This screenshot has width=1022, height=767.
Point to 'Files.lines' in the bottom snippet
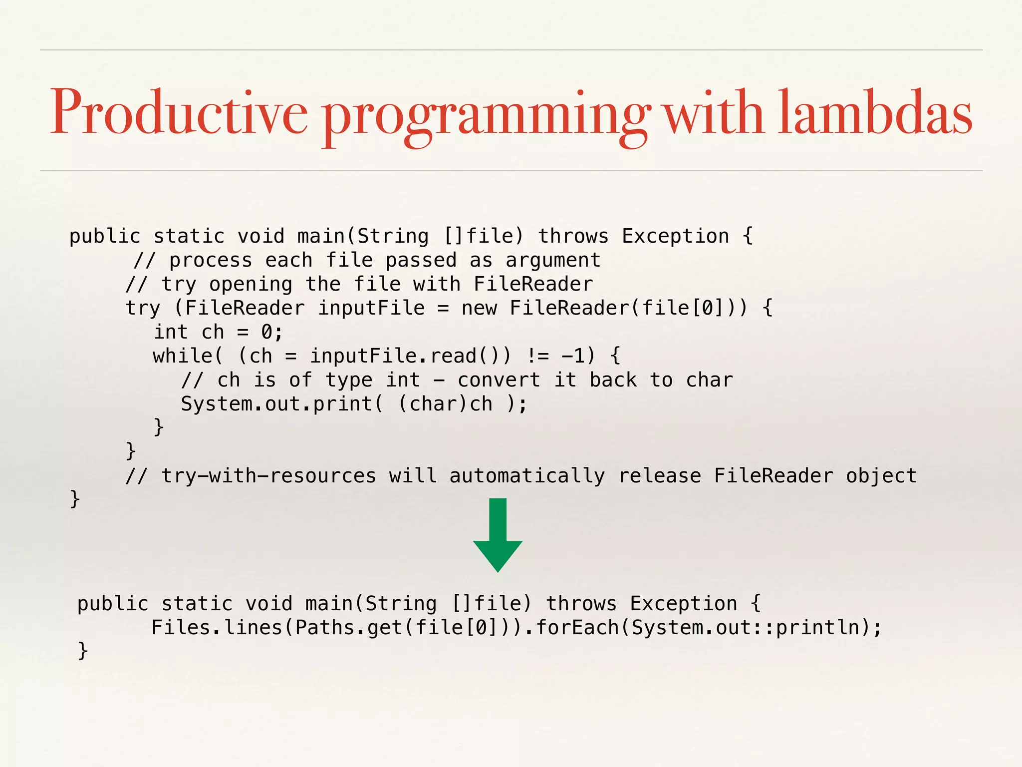[217, 628]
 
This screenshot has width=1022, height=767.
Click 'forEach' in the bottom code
[577, 628]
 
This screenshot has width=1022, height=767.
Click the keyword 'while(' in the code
[187, 356]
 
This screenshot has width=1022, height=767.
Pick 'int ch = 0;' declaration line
[218, 332]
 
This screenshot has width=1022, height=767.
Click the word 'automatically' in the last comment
[527, 476]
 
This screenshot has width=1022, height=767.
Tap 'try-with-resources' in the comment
[268, 476]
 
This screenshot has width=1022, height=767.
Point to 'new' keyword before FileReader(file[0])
[479, 308]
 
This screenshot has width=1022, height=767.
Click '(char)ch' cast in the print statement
[445, 404]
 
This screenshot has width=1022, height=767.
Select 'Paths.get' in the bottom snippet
[349, 628]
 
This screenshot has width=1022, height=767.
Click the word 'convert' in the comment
[499, 380]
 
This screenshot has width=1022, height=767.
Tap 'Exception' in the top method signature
[675, 236]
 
